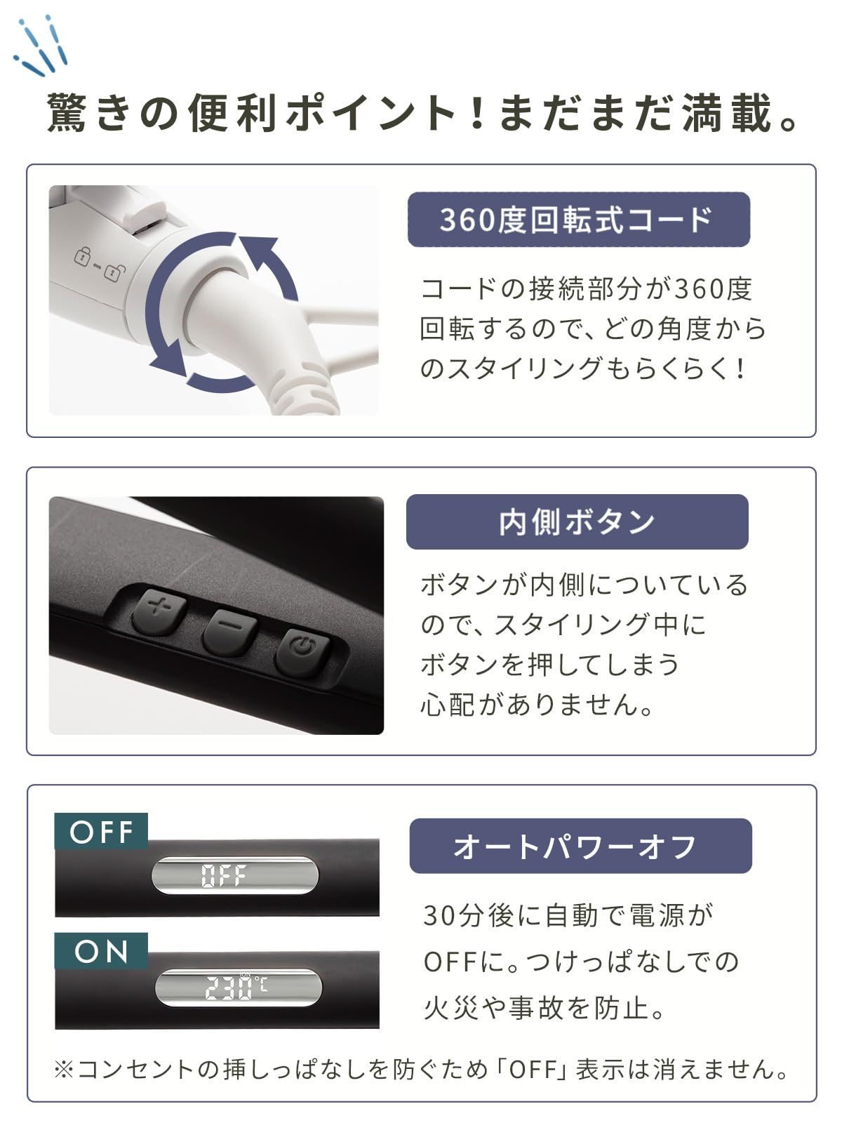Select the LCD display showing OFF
pyautogui.click(x=235, y=875)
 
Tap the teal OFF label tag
pyautogui.click(x=101, y=832)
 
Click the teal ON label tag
pyautogui.click(x=101, y=951)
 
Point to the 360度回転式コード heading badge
pyautogui.click(x=578, y=220)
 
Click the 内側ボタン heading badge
pyautogui.click(x=577, y=522)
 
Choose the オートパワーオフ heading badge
pyautogui.click(x=580, y=846)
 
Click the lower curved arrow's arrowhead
pyautogui.click(x=168, y=366)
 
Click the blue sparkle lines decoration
pyautogui.click(x=41, y=48)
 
